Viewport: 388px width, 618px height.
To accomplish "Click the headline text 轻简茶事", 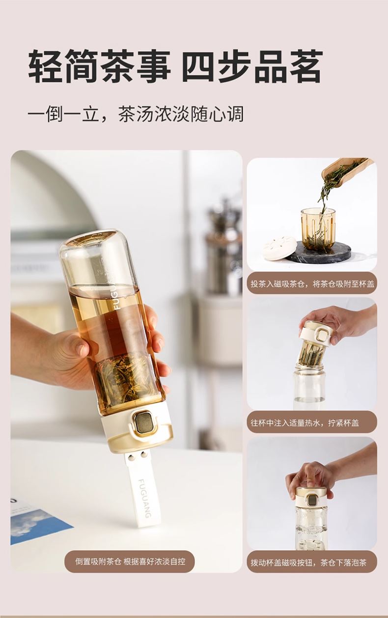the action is [99, 66].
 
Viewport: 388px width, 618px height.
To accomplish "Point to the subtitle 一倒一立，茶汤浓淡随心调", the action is [136, 114].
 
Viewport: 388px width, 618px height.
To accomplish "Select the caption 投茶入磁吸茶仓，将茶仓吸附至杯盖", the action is [312, 284].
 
